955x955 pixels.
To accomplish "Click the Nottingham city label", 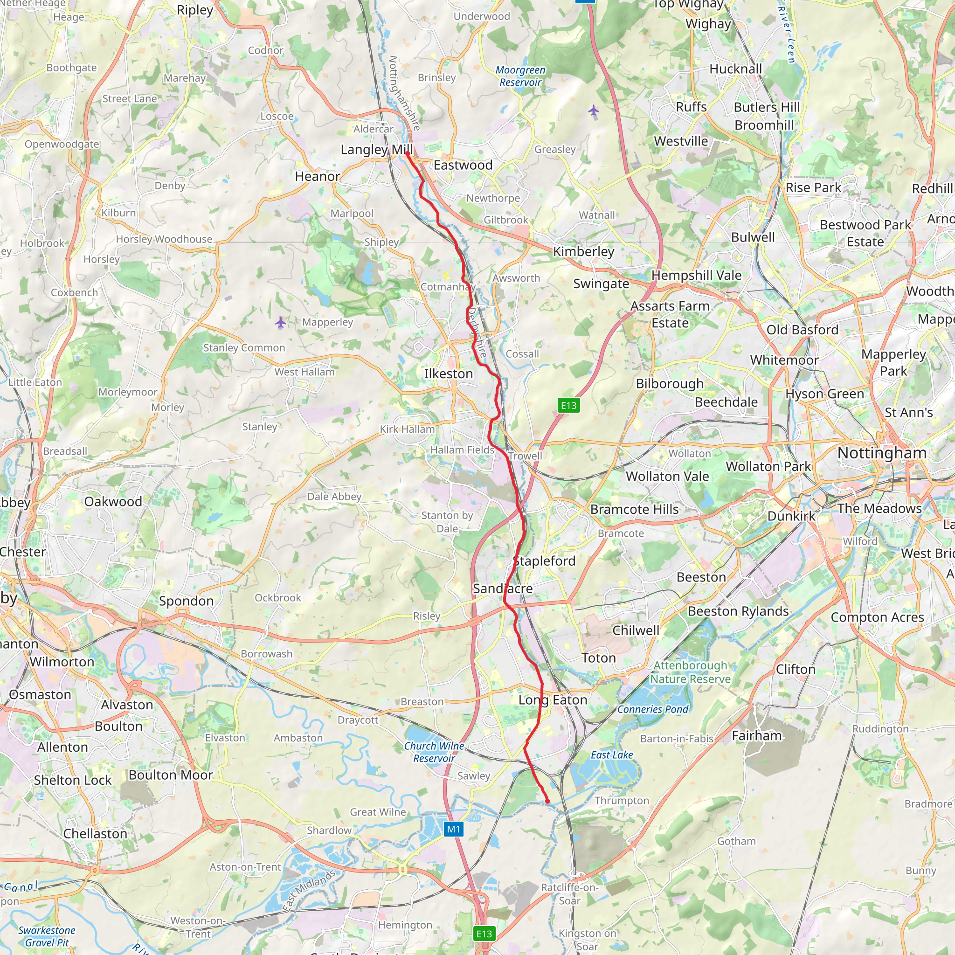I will (x=882, y=453).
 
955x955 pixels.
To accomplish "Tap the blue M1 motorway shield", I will (x=453, y=830).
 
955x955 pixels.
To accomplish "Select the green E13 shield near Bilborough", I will (x=568, y=405).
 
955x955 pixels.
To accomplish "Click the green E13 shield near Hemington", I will (x=484, y=934).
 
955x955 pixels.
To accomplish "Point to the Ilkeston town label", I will (x=448, y=374).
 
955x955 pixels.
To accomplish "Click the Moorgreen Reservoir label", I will (x=520, y=76).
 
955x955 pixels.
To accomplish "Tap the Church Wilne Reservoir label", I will (x=434, y=752).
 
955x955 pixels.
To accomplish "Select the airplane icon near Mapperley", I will (x=281, y=323).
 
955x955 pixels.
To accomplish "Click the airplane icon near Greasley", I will (x=594, y=110).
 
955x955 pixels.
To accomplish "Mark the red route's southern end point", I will (x=547, y=801).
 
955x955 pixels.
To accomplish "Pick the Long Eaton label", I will (x=553, y=700).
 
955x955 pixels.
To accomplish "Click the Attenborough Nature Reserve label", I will (x=690, y=672).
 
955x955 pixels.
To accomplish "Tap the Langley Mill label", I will (x=377, y=149).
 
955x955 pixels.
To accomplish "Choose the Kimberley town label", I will (x=583, y=251).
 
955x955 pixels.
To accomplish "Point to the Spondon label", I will (x=187, y=601).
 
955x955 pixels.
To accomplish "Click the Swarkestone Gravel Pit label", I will (x=47, y=936).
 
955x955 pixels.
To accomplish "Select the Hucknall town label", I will (x=735, y=69).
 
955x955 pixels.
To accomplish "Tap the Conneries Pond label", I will (x=652, y=709).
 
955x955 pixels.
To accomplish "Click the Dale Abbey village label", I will (x=334, y=496).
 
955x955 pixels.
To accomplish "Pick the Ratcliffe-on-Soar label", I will (x=569, y=894).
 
